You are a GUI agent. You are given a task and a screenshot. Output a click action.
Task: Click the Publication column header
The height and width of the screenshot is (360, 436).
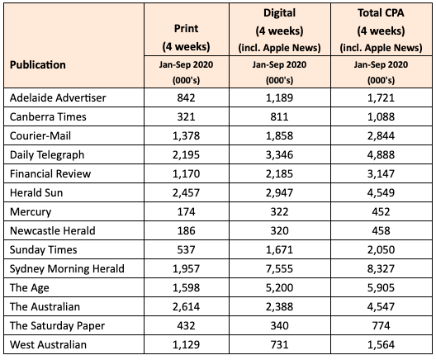coord(38,64)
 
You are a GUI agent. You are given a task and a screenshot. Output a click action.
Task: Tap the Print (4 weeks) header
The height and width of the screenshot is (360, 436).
coord(186,37)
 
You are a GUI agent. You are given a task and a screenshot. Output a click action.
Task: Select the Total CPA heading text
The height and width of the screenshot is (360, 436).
coord(381,12)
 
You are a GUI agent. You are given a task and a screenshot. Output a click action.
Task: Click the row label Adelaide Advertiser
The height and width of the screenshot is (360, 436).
coord(58,98)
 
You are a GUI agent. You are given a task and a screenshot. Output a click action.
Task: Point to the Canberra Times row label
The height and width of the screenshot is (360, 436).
coord(48,116)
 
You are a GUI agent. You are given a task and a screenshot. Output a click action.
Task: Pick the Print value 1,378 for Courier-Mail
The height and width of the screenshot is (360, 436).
coord(186,135)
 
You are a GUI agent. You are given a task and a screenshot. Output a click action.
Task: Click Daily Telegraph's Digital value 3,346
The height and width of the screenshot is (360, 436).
coord(279,155)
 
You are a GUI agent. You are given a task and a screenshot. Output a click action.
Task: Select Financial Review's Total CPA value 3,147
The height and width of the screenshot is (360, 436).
coord(381,173)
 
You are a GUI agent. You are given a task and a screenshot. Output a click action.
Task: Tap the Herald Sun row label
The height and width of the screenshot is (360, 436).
coord(36,192)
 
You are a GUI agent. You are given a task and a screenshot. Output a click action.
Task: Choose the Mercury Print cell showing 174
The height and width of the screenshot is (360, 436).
coord(186,212)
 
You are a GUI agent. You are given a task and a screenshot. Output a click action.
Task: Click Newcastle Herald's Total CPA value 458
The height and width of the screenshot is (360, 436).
coord(381,230)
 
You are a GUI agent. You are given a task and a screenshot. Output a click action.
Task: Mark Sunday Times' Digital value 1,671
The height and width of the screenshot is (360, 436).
coord(279,249)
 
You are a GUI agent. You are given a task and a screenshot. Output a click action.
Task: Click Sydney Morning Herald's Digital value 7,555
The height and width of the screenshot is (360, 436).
coord(279,269)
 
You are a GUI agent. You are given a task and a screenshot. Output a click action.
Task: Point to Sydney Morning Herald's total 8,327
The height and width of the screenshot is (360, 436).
coord(381,269)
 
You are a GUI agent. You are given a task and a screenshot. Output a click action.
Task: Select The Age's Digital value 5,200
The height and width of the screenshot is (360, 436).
coord(279,287)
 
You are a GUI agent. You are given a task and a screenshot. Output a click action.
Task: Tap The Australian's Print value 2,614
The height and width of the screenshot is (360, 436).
coord(186,306)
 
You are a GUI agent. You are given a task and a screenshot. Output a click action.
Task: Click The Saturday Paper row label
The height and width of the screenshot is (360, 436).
coord(57,326)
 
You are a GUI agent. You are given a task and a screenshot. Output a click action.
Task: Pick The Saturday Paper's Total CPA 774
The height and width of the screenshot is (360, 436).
coord(381,326)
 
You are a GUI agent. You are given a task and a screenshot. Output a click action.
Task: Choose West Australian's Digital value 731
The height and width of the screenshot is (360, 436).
coord(279,344)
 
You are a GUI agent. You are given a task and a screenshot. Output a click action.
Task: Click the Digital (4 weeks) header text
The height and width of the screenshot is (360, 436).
coord(279,21)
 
